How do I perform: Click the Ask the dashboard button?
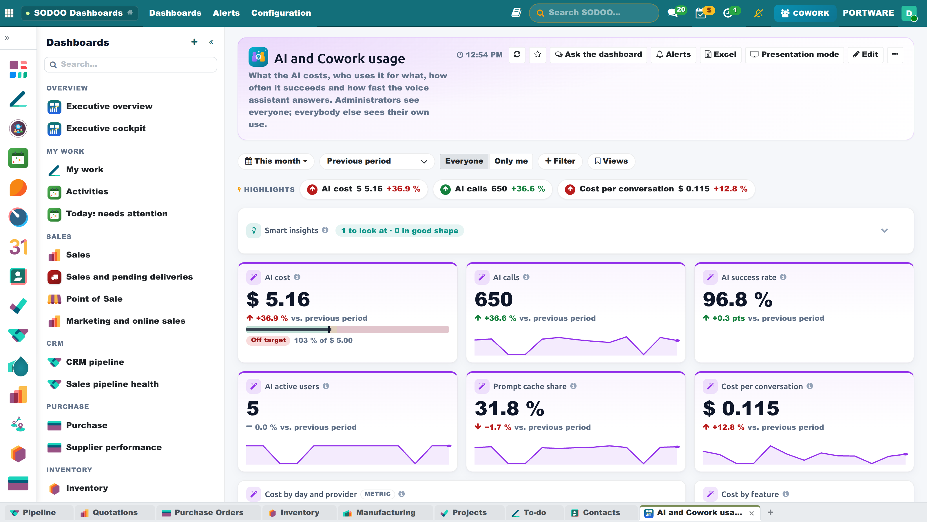click(598, 55)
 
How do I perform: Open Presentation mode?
click(794, 55)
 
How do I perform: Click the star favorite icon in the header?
click(538, 55)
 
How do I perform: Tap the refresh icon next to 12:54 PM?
click(517, 55)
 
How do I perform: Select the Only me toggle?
click(511, 161)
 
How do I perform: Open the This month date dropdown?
click(276, 161)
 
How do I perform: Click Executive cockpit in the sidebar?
click(105, 128)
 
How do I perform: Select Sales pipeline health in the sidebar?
click(112, 384)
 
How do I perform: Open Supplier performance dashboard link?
click(114, 447)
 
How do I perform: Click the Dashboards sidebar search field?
click(131, 64)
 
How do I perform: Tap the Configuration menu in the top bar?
click(281, 13)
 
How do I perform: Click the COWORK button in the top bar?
click(805, 13)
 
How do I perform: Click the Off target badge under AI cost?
click(268, 340)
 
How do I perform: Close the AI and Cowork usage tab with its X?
click(751, 513)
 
